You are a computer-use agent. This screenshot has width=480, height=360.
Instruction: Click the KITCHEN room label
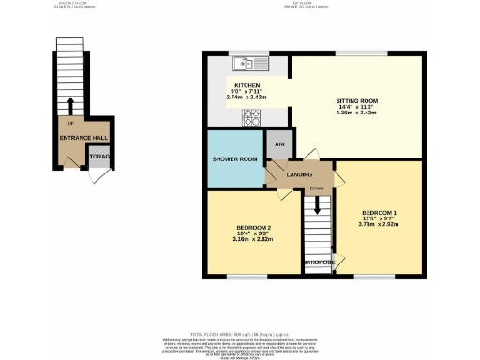point(233,84)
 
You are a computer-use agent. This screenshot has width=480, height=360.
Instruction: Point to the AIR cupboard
point(277,145)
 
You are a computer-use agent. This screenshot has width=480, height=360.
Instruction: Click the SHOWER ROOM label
point(234,159)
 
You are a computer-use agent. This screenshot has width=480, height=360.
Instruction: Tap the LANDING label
point(299,174)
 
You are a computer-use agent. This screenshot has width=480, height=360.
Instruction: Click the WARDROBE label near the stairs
point(319,262)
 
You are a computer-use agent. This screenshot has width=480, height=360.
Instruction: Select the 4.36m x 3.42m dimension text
point(357,112)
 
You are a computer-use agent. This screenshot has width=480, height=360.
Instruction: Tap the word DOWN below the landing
point(317,187)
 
